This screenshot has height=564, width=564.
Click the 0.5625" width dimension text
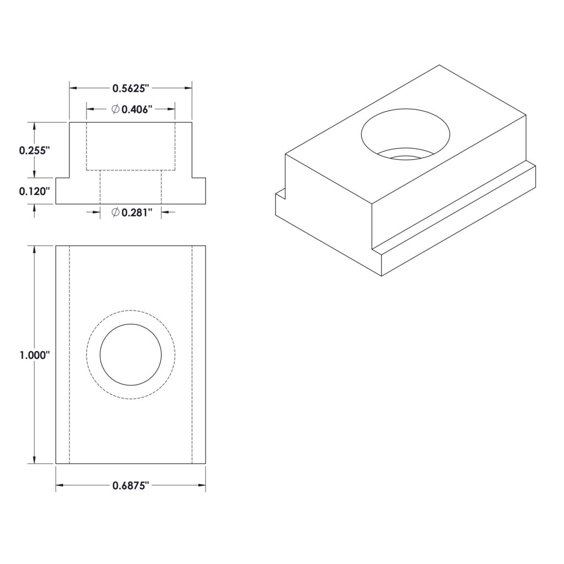pos(131,88)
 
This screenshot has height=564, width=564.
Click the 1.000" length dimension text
pos(34,355)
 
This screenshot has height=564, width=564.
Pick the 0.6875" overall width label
pos(131,486)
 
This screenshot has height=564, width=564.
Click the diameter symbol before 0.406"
pos(116,110)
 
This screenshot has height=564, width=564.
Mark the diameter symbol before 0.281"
pos(116,213)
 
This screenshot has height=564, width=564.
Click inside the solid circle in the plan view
pos(131,355)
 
